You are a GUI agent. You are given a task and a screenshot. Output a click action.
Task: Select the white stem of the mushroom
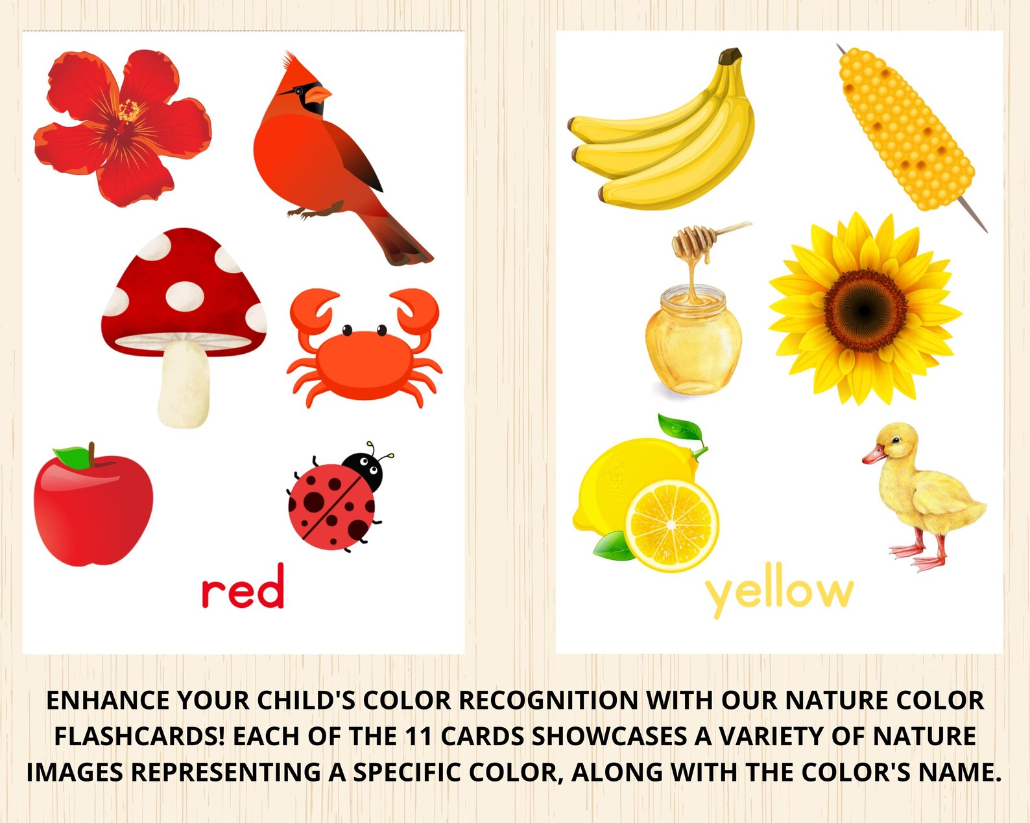coord(184,385)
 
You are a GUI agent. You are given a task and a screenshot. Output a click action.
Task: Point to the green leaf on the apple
coord(73,457)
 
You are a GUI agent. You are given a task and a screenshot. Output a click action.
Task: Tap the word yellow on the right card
coord(778,591)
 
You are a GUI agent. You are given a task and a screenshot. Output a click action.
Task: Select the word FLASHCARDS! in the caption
coord(139,737)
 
